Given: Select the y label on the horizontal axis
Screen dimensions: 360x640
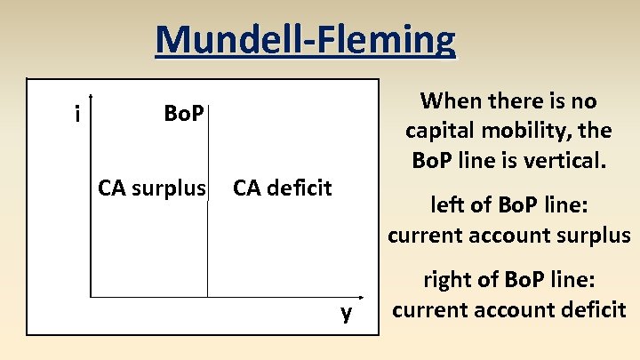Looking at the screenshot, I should coord(347,312).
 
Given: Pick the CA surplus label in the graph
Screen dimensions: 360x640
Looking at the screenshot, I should coord(151,188).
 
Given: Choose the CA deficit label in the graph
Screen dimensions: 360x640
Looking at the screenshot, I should coord(282,188).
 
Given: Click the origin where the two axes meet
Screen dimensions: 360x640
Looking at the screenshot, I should coord(91,297).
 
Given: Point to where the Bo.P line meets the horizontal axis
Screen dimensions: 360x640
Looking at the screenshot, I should coord(208,297).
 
